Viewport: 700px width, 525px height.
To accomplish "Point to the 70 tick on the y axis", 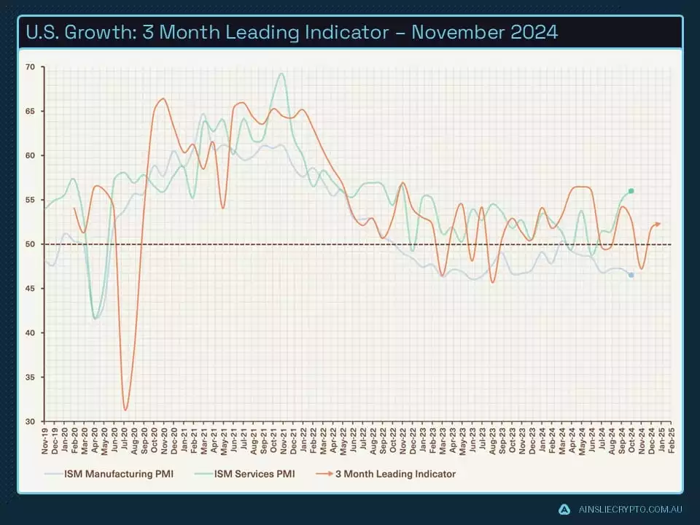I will pyautogui.click(x=30, y=67).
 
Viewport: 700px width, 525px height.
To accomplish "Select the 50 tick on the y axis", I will pyautogui.click(x=30, y=244).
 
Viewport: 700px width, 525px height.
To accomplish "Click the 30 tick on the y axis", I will pyautogui.click(x=30, y=421).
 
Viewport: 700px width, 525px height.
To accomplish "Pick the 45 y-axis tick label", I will pyautogui.click(x=30, y=289).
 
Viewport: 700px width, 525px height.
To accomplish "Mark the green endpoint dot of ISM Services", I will pyautogui.click(x=631, y=191).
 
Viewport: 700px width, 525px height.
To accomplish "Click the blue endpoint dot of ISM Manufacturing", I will pyautogui.click(x=631, y=275).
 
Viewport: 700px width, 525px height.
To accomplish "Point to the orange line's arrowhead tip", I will pyautogui.click(x=660, y=224).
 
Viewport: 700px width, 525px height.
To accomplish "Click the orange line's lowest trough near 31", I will pyautogui.click(x=125, y=410).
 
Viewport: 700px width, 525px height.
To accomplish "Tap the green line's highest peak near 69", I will pyautogui.click(x=281, y=73).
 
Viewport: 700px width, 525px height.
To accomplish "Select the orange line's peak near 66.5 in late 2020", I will pyautogui.click(x=163, y=98).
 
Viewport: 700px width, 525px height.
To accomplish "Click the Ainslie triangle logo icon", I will pyautogui.click(x=563, y=509).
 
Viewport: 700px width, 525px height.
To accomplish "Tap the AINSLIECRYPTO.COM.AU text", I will pyautogui.click(x=629, y=509).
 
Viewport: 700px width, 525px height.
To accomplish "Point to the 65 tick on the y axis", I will pyautogui.click(x=30, y=112).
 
